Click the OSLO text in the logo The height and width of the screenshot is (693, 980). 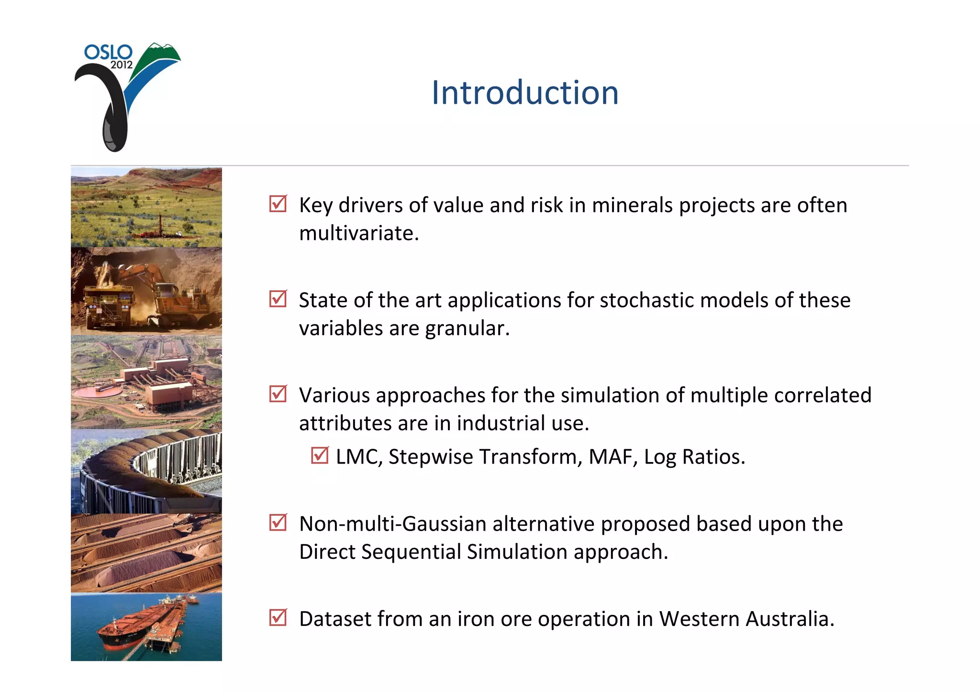(x=108, y=52)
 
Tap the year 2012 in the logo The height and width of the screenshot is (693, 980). (x=122, y=65)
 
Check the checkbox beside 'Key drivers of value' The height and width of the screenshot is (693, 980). (x=278, y=204)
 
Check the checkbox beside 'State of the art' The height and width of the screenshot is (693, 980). (x=278, y=299)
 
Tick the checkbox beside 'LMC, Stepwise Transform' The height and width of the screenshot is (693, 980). (x=319, y=455)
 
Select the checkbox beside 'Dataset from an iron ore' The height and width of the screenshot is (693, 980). (x=278, y=617)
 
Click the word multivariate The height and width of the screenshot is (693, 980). (x=358, y=233)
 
